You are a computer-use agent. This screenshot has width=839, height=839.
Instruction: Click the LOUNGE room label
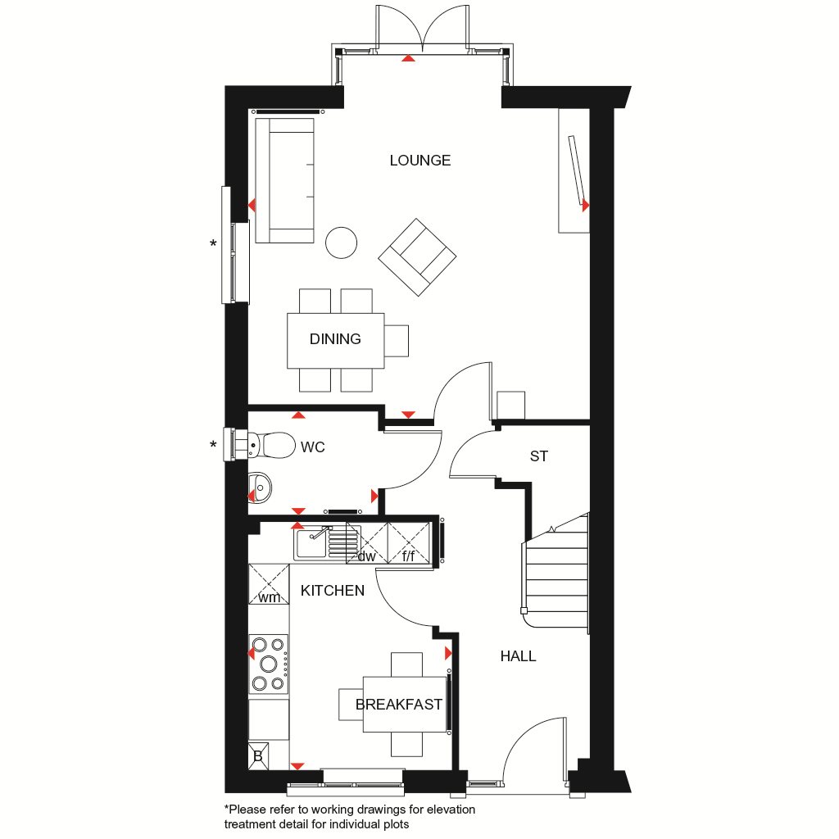(419, 161)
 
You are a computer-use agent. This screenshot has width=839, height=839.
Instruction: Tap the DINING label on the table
(335, 339)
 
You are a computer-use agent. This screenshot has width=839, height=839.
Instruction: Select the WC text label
(313, 447)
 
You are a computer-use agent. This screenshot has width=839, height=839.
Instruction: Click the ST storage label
(538, 456)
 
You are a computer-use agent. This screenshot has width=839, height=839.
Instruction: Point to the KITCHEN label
(332, 590)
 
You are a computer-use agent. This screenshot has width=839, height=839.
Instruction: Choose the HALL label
(518, 656)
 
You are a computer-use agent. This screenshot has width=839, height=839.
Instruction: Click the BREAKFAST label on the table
(399, 704)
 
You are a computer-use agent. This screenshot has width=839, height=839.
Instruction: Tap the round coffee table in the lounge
(341, 243)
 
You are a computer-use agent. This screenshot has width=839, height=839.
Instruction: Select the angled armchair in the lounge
(417, 257)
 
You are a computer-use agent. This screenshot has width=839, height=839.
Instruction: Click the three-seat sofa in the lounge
(284, 180)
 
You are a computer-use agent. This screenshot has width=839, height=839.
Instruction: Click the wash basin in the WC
(260, 488)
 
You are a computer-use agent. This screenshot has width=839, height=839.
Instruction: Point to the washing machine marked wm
(269, 584)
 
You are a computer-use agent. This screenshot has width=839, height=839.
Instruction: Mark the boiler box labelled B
(257, 755)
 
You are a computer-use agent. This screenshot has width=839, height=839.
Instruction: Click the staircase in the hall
(557, 574)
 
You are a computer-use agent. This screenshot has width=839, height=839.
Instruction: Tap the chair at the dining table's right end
(397, 340)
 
